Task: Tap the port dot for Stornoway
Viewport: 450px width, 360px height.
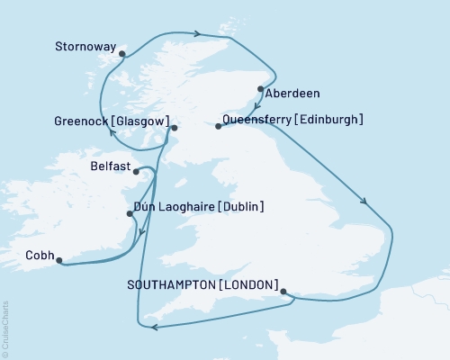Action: [122, 53]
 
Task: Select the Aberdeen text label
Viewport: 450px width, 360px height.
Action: [293, 93]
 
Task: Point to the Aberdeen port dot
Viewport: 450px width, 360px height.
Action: [261, 88]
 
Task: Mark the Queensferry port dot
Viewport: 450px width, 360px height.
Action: [218, 127]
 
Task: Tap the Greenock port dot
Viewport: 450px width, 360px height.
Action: [175, 129]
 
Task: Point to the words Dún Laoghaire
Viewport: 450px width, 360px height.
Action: [174, 207]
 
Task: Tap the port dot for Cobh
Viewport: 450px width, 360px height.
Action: [59, 262]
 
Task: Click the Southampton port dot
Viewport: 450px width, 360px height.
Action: [284, 292]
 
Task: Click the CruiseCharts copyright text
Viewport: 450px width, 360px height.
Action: [5, 328]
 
